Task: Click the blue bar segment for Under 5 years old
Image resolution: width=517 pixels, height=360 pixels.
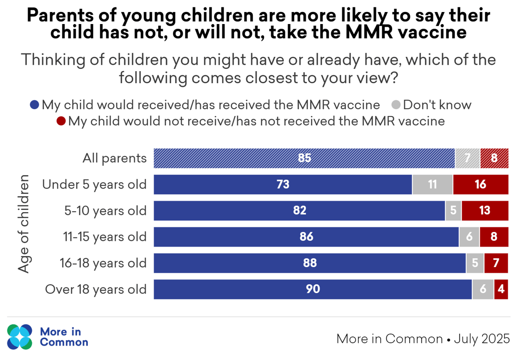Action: (x=283, y=184)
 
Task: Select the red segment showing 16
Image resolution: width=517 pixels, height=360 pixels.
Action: (x=480, y=184)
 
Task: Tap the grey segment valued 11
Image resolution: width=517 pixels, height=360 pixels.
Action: (x=432, y=184)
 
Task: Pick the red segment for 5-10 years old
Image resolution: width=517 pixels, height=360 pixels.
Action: (x=485, y=211)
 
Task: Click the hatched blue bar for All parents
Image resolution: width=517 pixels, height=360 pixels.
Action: (x=304, y=158)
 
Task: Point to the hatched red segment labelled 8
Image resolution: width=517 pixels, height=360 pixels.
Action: (x=494, y=158)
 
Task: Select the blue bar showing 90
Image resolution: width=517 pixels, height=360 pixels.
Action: (x=313, y=289)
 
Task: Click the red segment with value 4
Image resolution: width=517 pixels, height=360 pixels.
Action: (x=501, y=289)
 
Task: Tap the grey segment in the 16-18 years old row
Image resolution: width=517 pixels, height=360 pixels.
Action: (x=475, y=263)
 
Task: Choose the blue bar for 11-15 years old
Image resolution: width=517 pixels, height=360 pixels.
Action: (x=306, y=237)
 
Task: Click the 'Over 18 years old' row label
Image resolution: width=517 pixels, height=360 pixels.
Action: (x=96, y=290)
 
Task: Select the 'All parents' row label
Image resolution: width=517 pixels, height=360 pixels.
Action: (x=114, y=159)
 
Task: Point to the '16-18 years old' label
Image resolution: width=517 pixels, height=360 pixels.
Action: (x=103, y=263)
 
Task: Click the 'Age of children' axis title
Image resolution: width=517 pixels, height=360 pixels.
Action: (x=24, y=224)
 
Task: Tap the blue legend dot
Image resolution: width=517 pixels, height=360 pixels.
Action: (x=34, y=105)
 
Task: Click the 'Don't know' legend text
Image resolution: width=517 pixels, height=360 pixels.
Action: (x=437, y=105)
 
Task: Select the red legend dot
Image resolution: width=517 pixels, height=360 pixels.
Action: (x=61, y=122)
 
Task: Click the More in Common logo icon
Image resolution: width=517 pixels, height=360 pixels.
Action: (x=20, y=336)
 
